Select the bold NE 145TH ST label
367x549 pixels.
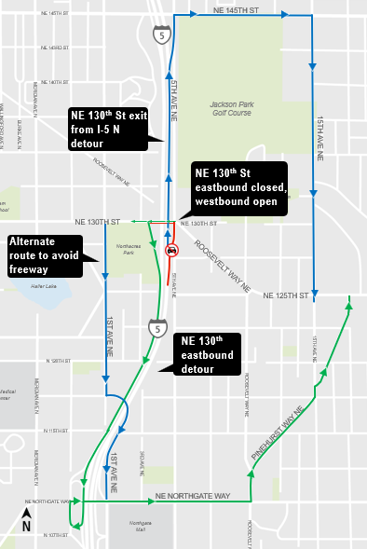click(235, 9)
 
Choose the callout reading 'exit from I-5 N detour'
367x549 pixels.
click(108, 130)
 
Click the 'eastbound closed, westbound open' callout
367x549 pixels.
click(238, 191)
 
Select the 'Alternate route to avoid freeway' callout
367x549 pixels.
click(43, 255)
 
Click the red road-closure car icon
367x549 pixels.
click(172, 251)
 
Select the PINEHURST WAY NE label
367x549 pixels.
click(279, 434)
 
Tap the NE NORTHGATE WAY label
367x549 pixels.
click(192, 496)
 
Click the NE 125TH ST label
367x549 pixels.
click(285, 295)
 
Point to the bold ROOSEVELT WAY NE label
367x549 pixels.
click(222, 267)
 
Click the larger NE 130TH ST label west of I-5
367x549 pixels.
click(98, 222)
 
